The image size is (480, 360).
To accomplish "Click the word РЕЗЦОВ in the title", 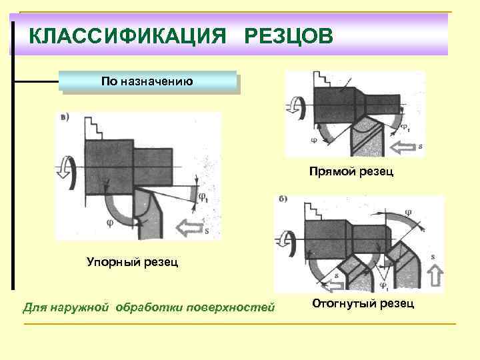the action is point(287,34).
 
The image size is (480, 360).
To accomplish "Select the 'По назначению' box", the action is point(147,81).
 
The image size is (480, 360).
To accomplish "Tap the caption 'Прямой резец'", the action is point(351,173).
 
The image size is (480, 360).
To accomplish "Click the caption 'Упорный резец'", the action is point(133,261).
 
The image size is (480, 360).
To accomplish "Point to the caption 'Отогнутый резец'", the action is point(363,304).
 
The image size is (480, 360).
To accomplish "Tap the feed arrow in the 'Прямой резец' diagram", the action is point(407,145).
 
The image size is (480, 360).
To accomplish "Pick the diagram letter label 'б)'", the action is point(284,200).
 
